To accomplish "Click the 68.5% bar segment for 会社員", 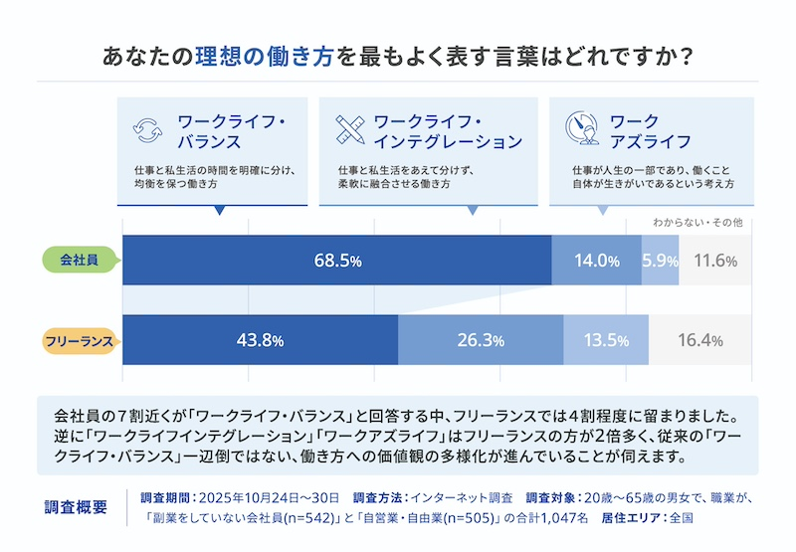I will pyautogui.click(x=336, y=261).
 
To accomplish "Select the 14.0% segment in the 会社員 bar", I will pyautogui.click(x=596, y=261).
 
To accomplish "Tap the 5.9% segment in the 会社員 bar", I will pyautogui.click(x=660, y=261).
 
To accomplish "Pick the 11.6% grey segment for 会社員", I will pyautogui.click(x=715, y=261).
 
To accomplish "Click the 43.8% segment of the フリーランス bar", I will pyautogui.click(x=260, y=340).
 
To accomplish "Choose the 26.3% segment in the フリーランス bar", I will pyautogui.click(x=481, y=340).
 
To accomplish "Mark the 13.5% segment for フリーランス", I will pyautogui.click(x=605, y=340).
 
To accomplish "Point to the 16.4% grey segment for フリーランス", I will pyautogui.click(x=699, y=340).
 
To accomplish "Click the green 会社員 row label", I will pyautogui.click(x=81, y=261).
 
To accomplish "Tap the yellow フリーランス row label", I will pyautogui.click(x=81, y=340).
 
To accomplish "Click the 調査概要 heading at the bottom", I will pyautogui.click(x=77, y=506).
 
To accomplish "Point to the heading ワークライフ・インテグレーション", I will pyautogui.click(x=447, y=131).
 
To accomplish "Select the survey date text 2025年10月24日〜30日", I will pyautogui.click(x=270, y=496).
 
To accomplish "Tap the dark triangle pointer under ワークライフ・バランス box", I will pyautogui.click(x=218, y=211).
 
